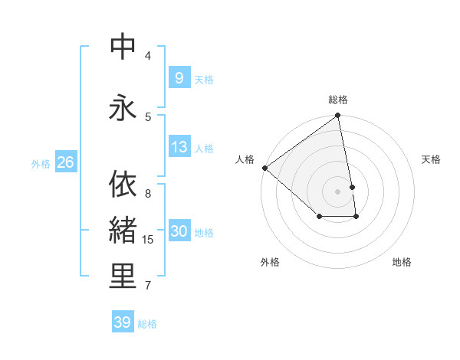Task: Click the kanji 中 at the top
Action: pyautogui.click(x=123, y=47)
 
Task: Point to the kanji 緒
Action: pyautogui.click(x=123, y=230)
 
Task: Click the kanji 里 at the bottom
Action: pyautogui.click(x=123, y=277)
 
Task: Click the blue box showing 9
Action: pyautogui.click(x=179, y=77)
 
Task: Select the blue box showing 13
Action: pyautogui.click(x=179, y=147)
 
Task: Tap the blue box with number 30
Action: pyautogui.click(x=179, y=231)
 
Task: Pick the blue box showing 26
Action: pyautogui.click(x=65, y=162)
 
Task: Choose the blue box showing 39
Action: pyautogui.click(x=122, y=322)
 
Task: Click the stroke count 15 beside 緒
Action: pyautogui.click(x=148, y=240)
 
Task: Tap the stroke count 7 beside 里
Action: pyautogui.click(x=148, y=286)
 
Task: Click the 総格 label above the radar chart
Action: pyautogui.click(x=338, y=100)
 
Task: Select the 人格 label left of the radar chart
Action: pyautogui.click(x=245, y=159)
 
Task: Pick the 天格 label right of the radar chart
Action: pyautogui.click(x=432, y=159)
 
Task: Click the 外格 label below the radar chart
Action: pyautogui.click(x=270, y=262)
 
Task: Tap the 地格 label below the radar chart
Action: pyautogui.click(x=402, y=262)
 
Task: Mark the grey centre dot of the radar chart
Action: pyautogui.click(x=338, y=191)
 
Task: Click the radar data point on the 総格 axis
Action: pyautogui.click(x=338, y=116)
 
